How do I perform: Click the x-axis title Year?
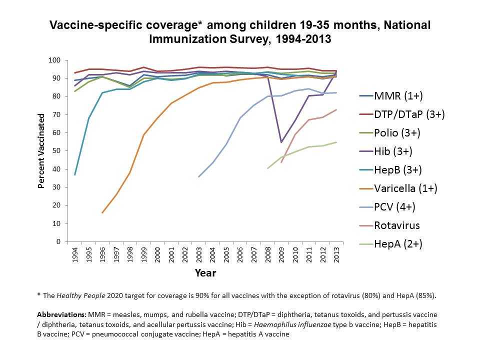click(x=205, y=273)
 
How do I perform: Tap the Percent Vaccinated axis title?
click(x=41, y=151)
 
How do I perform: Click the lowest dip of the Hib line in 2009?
click(x=281, y=142)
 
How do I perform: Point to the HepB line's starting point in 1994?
click(x=75, y=174)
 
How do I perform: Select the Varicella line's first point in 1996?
click(x=102, y=212)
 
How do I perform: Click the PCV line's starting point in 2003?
click(x=198, y=176)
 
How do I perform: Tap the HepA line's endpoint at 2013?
click(x=335, y=142)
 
